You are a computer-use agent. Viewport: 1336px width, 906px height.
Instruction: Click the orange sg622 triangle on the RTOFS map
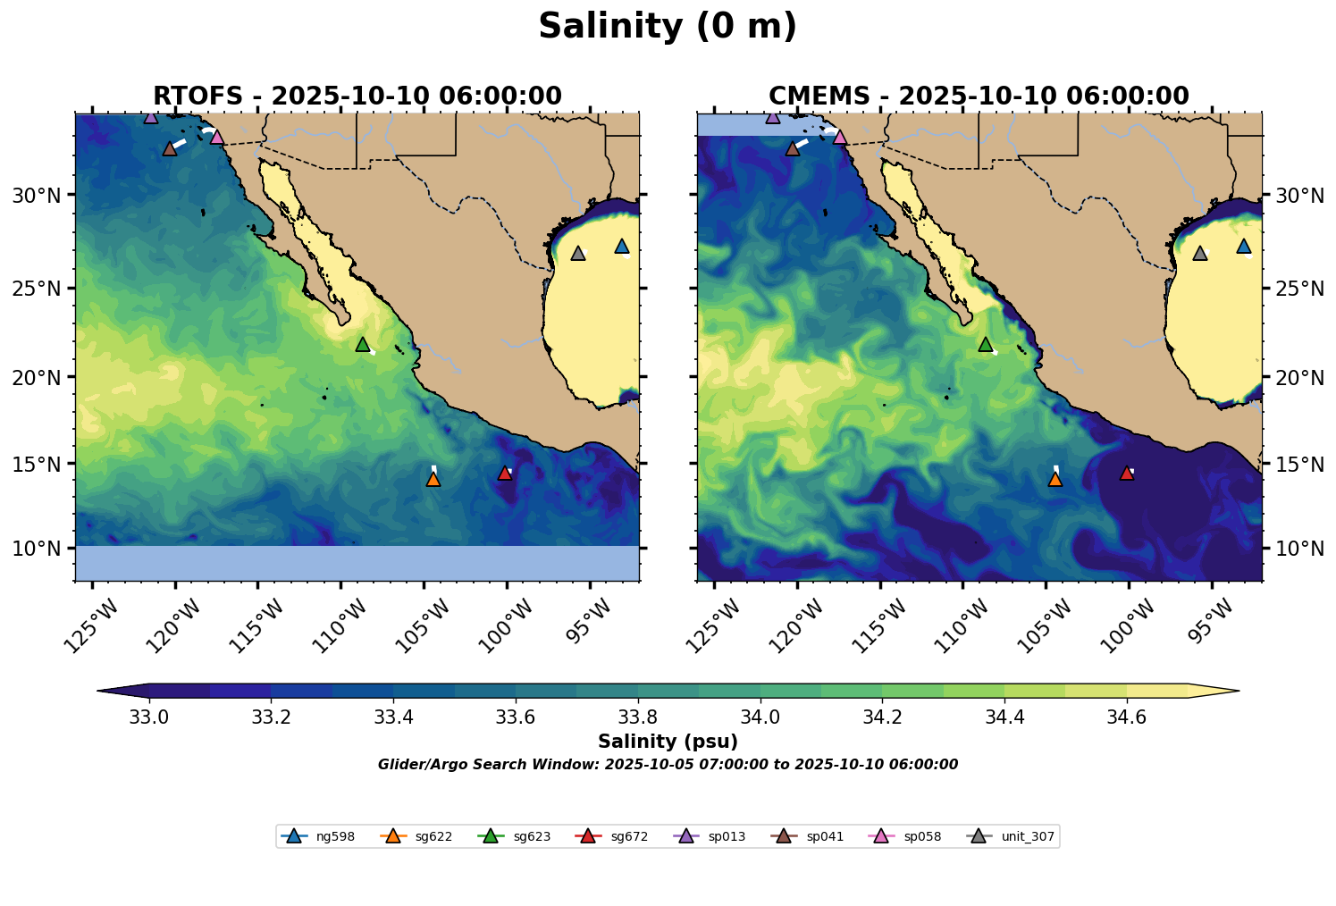coord(433,479)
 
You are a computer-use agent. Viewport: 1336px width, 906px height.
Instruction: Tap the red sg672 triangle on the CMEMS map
coord(1127,473)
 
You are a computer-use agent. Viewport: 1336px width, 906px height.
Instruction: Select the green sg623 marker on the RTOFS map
coord(363,345)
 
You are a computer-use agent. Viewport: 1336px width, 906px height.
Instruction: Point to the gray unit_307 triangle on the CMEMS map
coord(1200,253)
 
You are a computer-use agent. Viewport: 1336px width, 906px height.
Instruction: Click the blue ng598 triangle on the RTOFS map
coord(622,246)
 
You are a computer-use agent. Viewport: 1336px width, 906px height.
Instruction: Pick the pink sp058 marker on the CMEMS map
coord(840,137)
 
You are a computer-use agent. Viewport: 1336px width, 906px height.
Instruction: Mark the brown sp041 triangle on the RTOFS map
coord(170,148)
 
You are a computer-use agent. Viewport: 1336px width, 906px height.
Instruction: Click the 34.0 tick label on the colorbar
coord(760,717)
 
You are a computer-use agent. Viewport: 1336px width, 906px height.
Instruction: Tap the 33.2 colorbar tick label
coord(271,717)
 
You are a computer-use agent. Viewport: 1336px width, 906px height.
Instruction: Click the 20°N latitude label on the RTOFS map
coord(37,377)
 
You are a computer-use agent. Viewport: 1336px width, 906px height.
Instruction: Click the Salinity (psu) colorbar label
coord(668,742)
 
